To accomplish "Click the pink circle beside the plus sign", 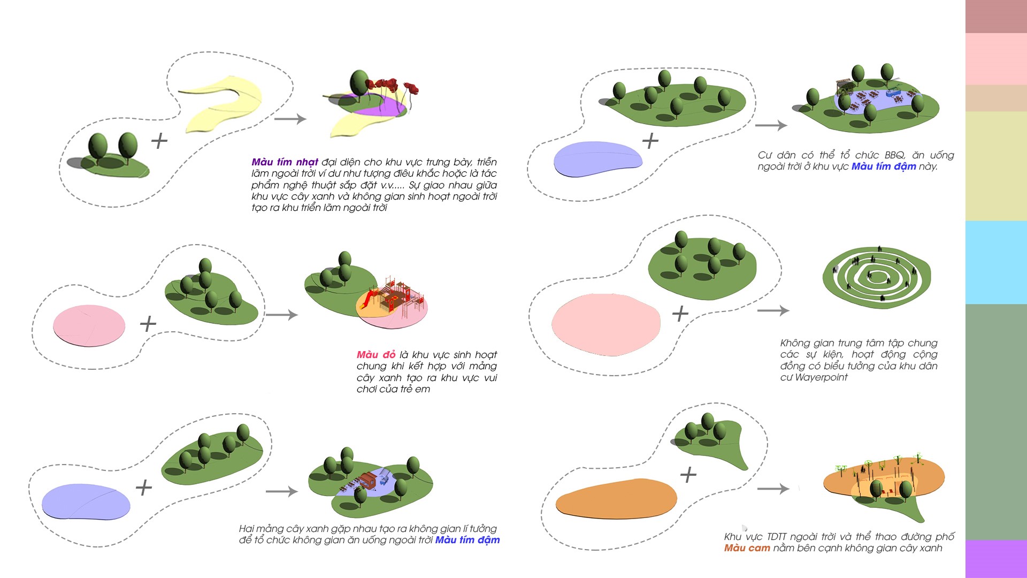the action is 89,325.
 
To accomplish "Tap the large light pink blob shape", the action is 606,325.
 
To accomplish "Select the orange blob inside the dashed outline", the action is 616,499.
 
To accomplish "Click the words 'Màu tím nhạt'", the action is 285,162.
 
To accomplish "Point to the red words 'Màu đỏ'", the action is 376,355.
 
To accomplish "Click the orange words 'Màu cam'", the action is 747,548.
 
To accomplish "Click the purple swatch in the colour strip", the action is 996,559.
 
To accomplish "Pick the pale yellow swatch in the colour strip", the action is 996,166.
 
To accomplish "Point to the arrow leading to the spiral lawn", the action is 773,310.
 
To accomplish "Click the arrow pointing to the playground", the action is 282,315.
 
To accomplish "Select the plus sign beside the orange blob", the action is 688,475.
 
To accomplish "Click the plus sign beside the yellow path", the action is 159,141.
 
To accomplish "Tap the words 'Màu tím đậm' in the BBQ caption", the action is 884,166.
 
